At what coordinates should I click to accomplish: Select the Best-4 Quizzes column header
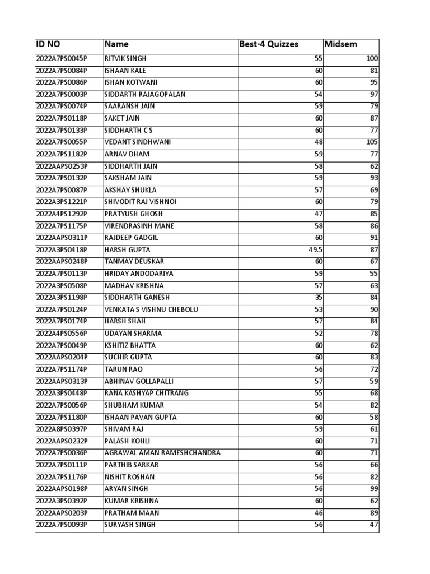point(269,44)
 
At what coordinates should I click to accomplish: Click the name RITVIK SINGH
point(125,59)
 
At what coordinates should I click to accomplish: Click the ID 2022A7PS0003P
point(62,95)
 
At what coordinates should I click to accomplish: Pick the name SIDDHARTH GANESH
point(137,298)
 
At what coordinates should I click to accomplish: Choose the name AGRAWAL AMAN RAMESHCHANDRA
point(162,453)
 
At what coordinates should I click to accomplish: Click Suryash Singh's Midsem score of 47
point(374,525)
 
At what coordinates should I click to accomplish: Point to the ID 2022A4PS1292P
point(62,214)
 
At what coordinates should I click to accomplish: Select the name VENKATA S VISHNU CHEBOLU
point(151,309)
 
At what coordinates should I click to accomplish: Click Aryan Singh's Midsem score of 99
point(374,489)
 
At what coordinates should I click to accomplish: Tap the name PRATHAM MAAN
point(132,513)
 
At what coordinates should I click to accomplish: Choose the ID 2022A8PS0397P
point(62,429)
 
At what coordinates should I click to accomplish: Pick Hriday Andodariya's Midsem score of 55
point(374,274)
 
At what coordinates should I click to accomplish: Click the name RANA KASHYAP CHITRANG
point(147,393)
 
